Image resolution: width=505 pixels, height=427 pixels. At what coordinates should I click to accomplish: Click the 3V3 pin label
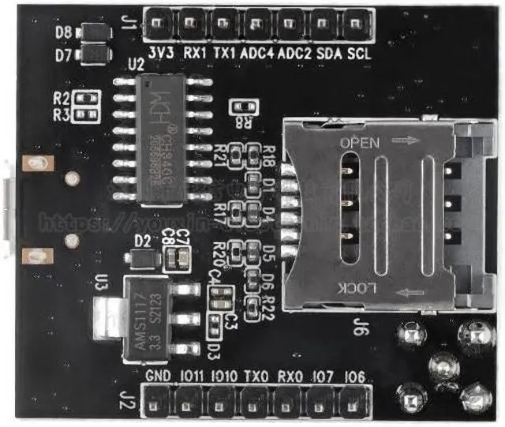[x=162, y=53]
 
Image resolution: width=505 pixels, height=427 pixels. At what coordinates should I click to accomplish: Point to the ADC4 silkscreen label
[x=257, y=53]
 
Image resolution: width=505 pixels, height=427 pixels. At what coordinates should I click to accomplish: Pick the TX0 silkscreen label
[x=256, y=376]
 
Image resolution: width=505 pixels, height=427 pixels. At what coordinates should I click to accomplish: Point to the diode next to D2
[x=144, y=257]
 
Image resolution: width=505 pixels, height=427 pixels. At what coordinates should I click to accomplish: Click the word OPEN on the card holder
[x=358, y=143]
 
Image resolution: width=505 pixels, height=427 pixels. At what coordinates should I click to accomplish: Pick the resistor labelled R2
[x=88, y=99]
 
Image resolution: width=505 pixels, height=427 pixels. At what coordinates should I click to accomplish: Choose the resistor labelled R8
[x=241, y=107]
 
